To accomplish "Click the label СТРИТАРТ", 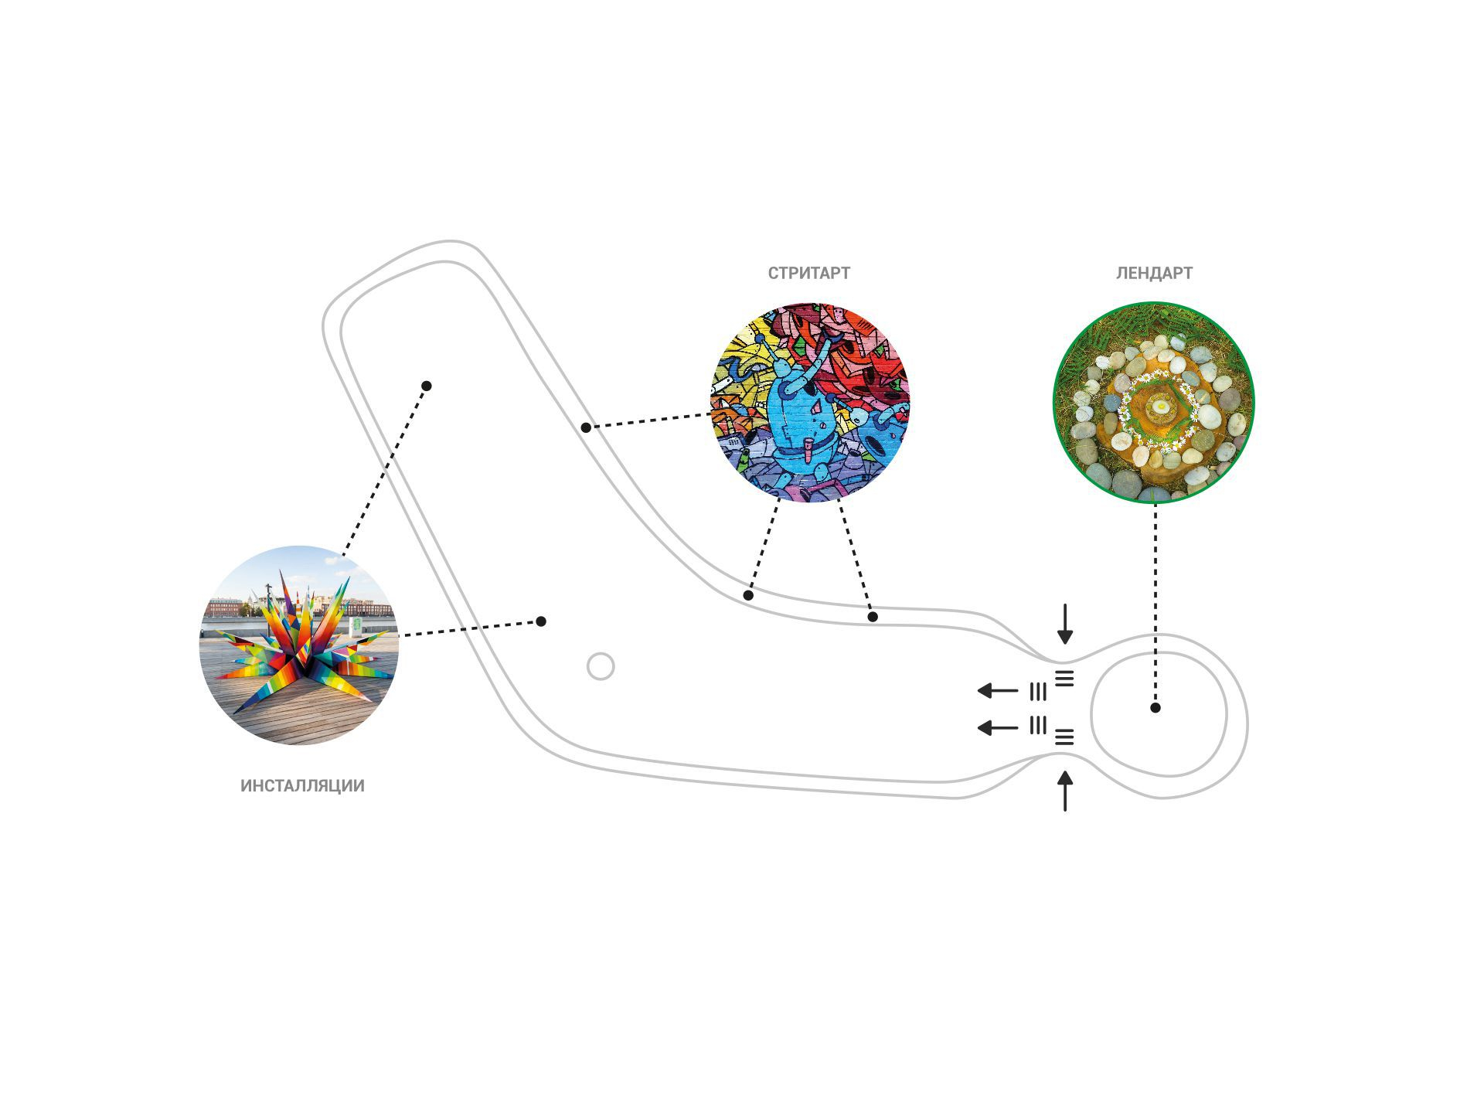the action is [808, 273].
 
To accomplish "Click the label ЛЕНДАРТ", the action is [1154, 273].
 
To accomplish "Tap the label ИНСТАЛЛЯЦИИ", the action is [302, 786].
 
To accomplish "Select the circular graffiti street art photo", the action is [809, 403].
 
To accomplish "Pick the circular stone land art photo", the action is [1154, 403].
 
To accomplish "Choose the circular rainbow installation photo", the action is [299, 645].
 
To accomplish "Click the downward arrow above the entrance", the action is [1065, 624].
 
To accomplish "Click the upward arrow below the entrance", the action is [1065, 791].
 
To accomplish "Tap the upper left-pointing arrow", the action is [998, 690].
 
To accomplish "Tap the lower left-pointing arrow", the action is [998, 727].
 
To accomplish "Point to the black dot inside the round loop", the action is [1156, 707].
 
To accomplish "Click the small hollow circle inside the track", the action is [601, 666].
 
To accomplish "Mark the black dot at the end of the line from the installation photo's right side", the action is [541, 621].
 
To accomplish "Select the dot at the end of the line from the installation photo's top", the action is [427, 386].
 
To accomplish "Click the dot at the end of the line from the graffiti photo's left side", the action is [586, 427].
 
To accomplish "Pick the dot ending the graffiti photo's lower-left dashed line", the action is [748, 596].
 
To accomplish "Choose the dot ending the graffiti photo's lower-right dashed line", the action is [873, 617].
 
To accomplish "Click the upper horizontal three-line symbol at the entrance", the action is [1064, 679].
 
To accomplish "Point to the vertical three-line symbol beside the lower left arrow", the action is [1038, 726].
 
